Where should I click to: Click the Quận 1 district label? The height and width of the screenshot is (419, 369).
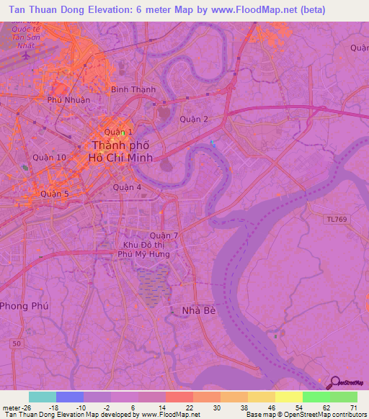[x=115, y=132]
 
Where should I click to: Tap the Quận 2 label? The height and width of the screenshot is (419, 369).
[x=194, y=120]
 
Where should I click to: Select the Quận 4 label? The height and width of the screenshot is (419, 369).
[x=128, y=187]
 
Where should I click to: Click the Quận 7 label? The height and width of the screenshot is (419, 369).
[x=164, y=235]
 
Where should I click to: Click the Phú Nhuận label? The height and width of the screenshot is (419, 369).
[x=68, y=100]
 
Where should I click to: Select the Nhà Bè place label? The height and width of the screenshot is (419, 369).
[x=194, y=310]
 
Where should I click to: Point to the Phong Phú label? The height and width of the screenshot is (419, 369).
[x=23, y=306]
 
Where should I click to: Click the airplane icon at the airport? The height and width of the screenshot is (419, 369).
[x=27, y=55]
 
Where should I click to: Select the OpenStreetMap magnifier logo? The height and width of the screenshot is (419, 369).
[x=335, y=382]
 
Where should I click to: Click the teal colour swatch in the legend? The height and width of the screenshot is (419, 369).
[x=43, y=397]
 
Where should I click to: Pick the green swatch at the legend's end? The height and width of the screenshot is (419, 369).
[x=343, y=397]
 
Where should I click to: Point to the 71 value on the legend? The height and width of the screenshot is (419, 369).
[x=352, y=407]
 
